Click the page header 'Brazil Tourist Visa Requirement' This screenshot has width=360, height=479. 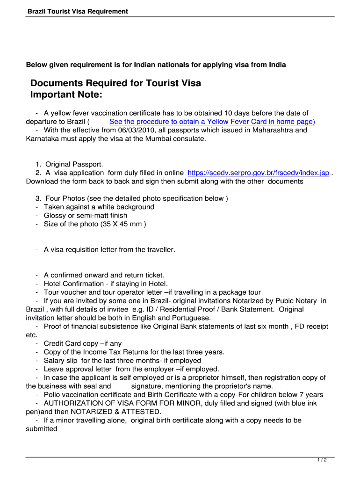pos(78,11)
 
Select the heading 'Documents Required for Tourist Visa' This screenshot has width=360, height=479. pos(115,83)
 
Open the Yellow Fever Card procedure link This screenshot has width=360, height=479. pos(212,122)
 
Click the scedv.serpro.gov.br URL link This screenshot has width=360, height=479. pos(258,173)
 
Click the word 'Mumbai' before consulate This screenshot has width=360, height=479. pos(158,138)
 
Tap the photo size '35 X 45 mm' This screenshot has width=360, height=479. pos(122,224)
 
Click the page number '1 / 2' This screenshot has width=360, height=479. pos(322,460)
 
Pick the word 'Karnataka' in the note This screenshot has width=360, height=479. pos(42,138)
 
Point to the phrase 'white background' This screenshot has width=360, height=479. pos(125,207)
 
